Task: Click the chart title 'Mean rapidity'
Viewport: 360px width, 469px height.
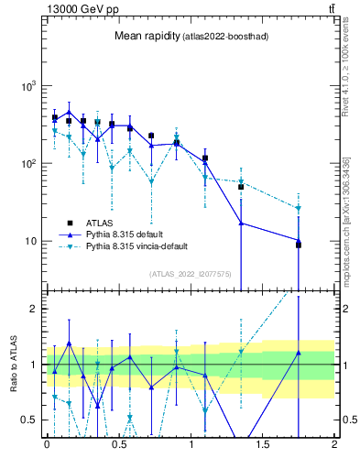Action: tap(147, 36)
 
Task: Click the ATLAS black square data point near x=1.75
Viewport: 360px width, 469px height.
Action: tap(299, 245)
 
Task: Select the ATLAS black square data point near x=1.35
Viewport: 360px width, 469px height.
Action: tap(241, 187)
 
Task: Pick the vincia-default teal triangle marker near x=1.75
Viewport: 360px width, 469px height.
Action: tap(299, 209)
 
